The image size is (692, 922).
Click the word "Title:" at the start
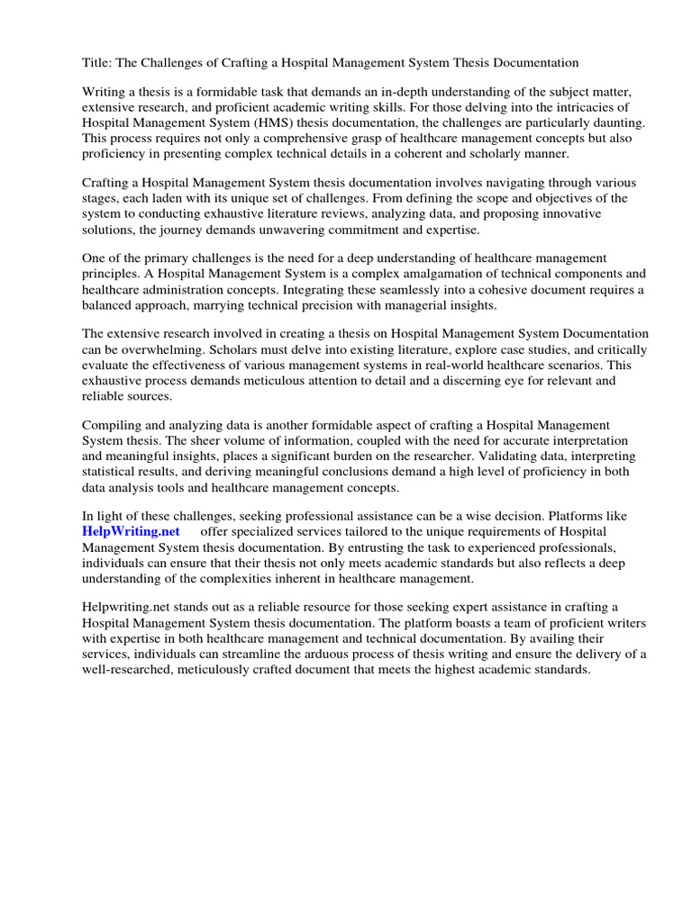pos(97,63)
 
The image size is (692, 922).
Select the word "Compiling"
pos(113,426)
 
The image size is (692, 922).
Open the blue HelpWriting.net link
pos(131,532)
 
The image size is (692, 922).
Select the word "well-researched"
pos(132,670)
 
